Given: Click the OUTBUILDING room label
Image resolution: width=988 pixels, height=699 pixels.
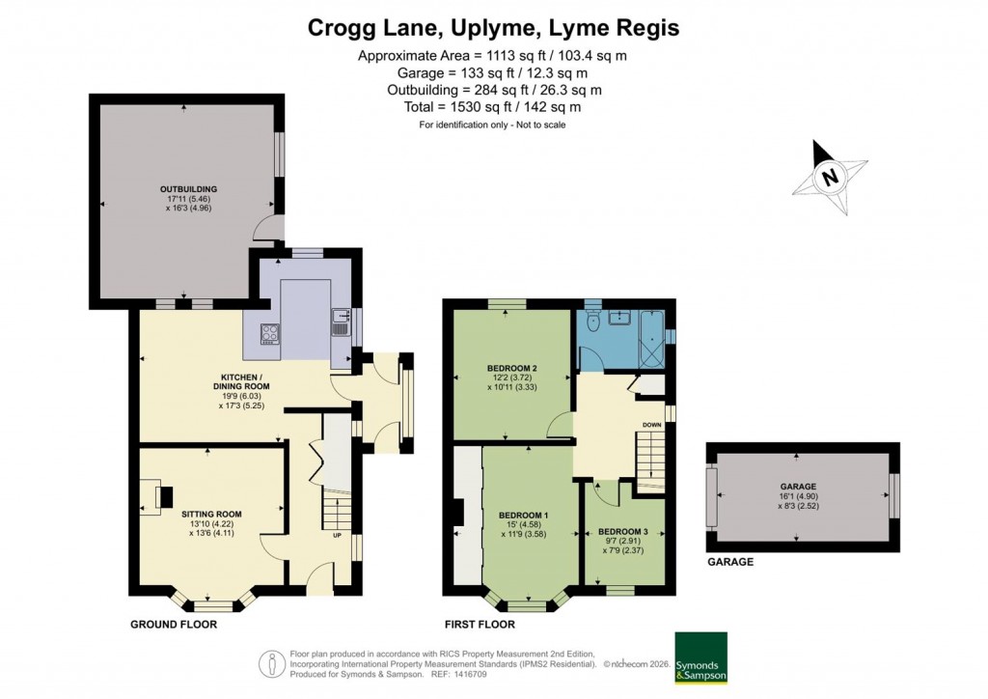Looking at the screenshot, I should [x=188, y=188].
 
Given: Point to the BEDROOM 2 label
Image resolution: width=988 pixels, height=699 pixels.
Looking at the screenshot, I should [x=511, y=368].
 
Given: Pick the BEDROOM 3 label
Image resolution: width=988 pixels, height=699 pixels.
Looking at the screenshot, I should [x=623, y=532].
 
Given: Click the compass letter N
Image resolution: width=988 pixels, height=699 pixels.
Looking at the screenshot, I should [x=829, y=178].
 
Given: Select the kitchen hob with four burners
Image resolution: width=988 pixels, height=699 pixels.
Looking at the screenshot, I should [x=270, y=334].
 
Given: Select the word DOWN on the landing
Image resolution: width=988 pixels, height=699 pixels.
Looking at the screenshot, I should [x=652, y=425].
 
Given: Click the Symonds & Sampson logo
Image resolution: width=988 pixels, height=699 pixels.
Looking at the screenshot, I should [x=700, y=658].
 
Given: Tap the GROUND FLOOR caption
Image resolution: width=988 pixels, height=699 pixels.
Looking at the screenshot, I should [x=174, y=625].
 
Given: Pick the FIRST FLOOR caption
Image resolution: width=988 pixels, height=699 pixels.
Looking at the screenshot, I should [x=480, y=625].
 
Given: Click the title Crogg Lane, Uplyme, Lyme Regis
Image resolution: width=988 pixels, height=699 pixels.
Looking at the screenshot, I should [x=493, y=27].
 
